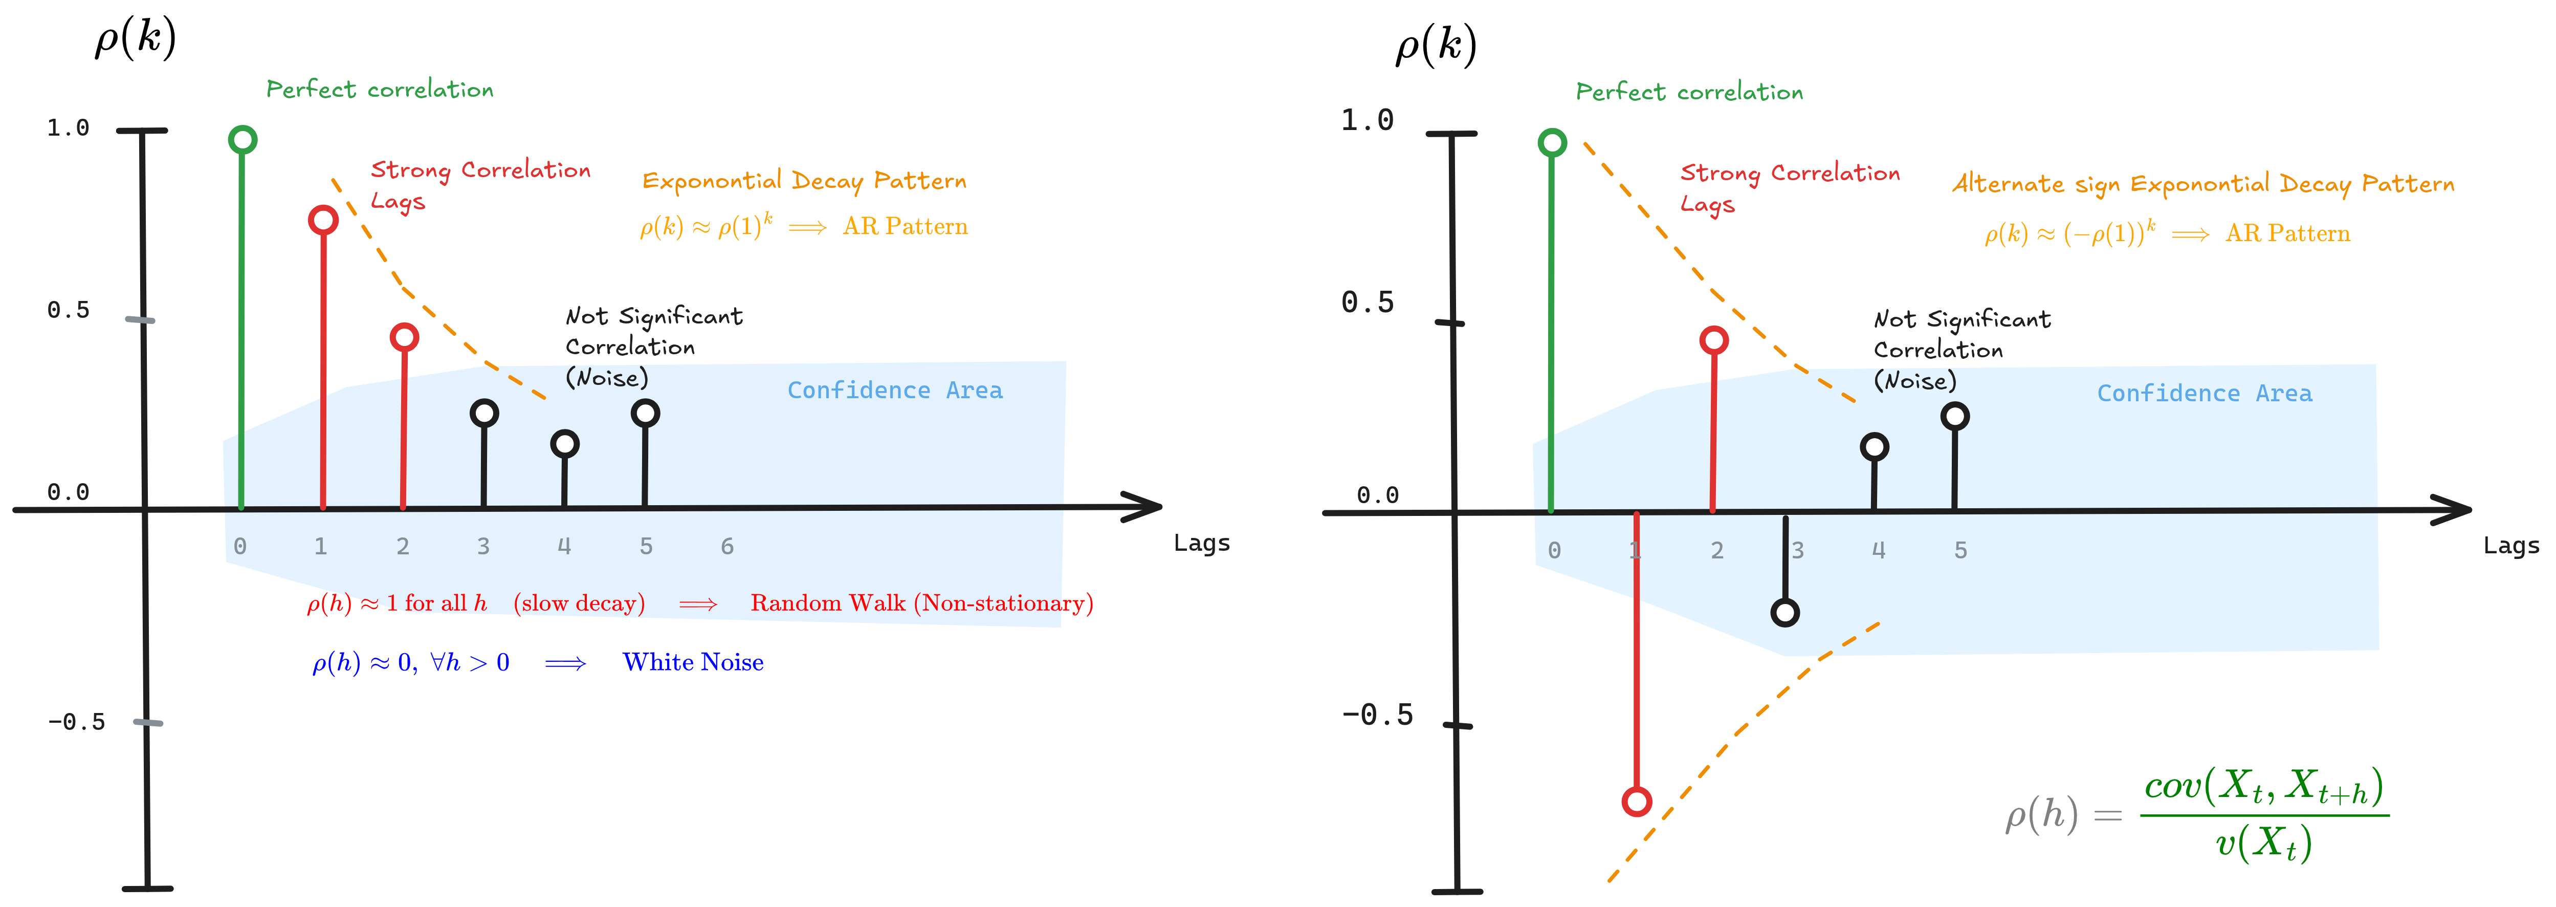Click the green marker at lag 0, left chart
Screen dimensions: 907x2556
[242, 140]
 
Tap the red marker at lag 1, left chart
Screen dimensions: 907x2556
[323, 219]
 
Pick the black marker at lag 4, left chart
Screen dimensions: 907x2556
[565, 444]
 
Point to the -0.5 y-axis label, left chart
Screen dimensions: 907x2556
[76, 721]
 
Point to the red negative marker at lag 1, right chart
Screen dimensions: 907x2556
[1636, 801]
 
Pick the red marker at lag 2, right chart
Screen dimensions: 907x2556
[1713, 340]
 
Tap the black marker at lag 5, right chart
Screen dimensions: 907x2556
[1955, 416]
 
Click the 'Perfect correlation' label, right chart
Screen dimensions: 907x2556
[1689, 92]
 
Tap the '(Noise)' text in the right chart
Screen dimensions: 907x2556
[1915, 381]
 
